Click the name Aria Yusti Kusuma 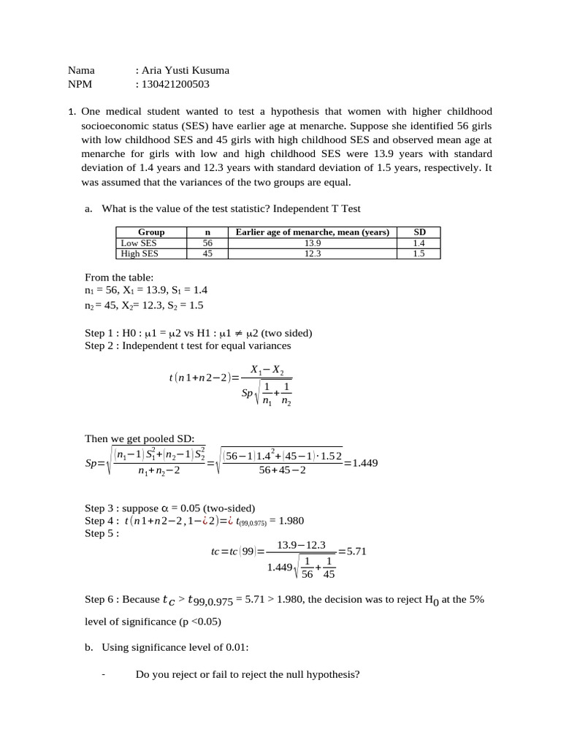click(x=186, y=71)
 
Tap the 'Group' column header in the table click(x=151, y=232)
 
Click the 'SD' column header click(x=419, y=232)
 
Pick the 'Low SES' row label click(x=139, y=243)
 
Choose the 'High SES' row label click(x=140, y=253)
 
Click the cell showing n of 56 click(x=207, y=243)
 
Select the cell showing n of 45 click(x=207, y=253)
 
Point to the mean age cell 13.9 click(x=312, y=243)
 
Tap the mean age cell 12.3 click(x=312, y=253)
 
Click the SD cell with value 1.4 click(x=419, y=243)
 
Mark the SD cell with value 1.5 click(x=419, y=253)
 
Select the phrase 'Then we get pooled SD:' click(x=139, y=438)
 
